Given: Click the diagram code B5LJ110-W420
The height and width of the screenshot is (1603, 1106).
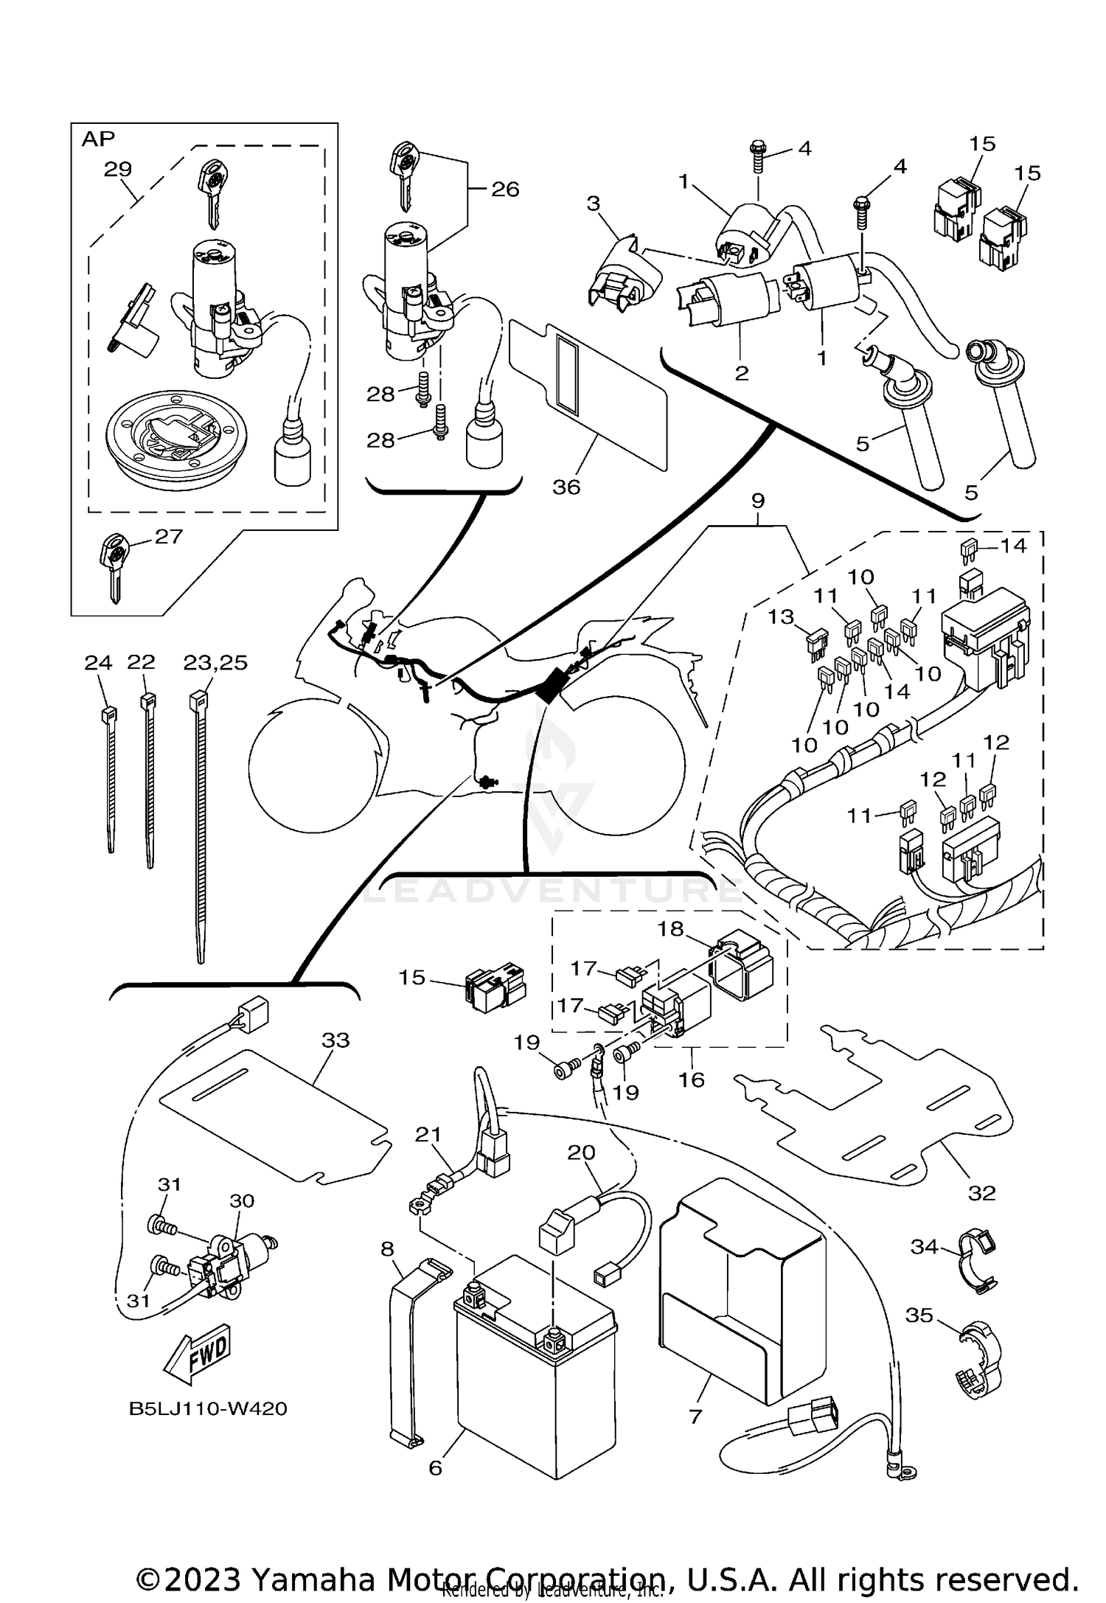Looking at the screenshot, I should [209, 1409].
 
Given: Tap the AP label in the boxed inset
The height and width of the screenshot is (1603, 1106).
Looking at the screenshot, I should [98, 139].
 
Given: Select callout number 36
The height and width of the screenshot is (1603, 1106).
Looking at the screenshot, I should [566, 487].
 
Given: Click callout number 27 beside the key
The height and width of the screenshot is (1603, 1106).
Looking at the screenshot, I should [169, 537].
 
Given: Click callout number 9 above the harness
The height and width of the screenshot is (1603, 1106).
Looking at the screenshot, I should [758, 501].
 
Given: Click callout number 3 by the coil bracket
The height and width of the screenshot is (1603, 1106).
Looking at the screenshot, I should [594, 204].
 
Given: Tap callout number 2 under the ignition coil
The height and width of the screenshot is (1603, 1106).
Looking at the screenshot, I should [742, 373].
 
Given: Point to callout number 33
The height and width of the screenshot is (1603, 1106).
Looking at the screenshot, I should [335, 1040].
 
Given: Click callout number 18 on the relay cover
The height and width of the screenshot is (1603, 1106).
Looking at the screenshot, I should [671, 928].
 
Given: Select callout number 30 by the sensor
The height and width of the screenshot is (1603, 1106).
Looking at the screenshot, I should [242, 1200].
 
